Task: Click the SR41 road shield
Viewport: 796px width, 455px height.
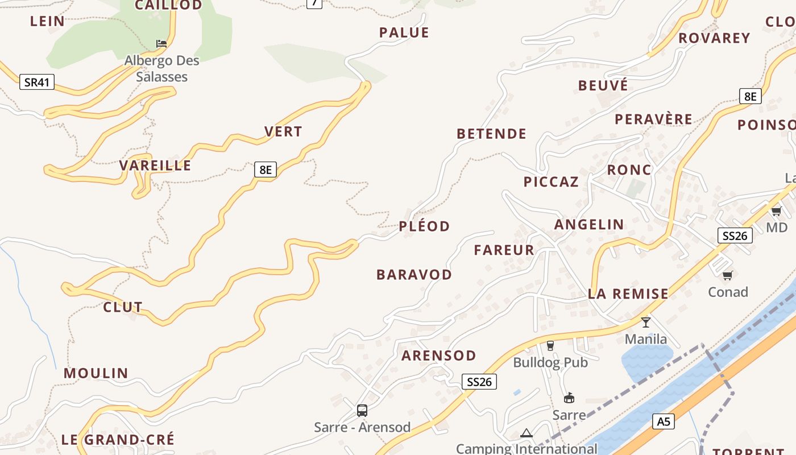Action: [x=37, y=82]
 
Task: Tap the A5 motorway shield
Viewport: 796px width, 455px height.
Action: [x=664, y=421]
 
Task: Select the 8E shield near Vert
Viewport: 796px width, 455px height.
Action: [x=265, y=169]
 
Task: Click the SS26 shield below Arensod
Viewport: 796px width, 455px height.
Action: [x=479, y=382]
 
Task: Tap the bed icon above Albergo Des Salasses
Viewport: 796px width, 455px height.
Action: [x=161, y=44]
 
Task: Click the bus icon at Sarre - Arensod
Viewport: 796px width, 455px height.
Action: [x=362, y=410]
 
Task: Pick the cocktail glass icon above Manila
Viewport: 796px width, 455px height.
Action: [x=646, y=322]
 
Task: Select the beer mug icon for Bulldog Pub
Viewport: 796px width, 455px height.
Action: [x=550, y=345]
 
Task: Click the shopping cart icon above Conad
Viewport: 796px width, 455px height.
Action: [x=727, y=276]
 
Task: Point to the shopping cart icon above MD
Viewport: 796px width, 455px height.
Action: [x=776, y=212]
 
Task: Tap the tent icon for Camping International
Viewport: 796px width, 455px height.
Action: [x=526, y=433]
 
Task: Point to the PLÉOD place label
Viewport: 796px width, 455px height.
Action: [x=424, y=226]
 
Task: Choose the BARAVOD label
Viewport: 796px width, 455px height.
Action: [x=414, y=275]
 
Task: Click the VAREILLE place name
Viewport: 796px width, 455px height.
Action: [x=155, y=166]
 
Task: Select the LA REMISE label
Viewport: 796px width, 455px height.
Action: [x=628, y=294]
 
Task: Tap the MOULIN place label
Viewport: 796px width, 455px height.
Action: [x=96, y=374]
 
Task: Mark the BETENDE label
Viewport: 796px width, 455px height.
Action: [x=491, y=134]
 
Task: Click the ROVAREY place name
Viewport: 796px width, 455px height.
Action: [x=714, y=38]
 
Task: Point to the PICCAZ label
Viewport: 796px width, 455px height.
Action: [x=551, y=182]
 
